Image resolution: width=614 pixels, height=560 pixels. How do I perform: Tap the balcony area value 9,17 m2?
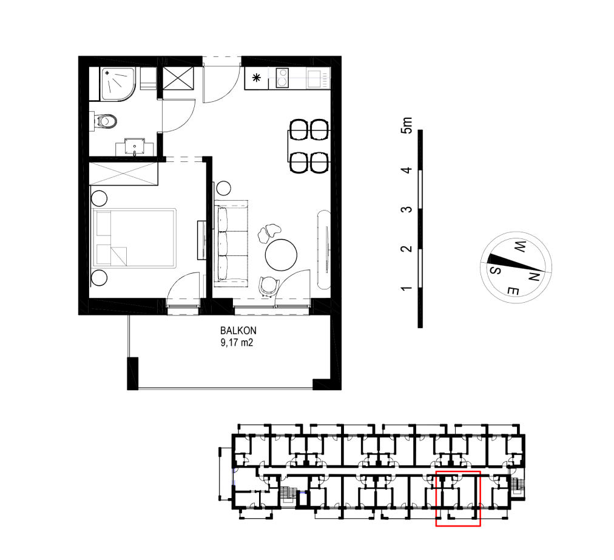237,343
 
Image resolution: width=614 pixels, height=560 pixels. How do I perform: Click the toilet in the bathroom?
104,121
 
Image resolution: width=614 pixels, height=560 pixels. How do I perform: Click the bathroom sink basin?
135,146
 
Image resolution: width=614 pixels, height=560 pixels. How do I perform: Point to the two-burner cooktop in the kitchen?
282,78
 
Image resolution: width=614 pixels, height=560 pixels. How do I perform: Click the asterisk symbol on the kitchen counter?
257,78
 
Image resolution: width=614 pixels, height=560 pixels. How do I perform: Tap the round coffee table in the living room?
281,255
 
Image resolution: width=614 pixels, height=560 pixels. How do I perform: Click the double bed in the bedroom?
133,238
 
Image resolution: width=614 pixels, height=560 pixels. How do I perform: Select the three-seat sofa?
231,243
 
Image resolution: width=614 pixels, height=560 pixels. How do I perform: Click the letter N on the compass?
535,277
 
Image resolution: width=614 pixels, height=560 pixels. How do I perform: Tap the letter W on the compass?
519,247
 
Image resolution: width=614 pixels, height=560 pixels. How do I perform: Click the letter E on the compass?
513,291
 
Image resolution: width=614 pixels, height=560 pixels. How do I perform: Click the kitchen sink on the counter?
315,78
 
